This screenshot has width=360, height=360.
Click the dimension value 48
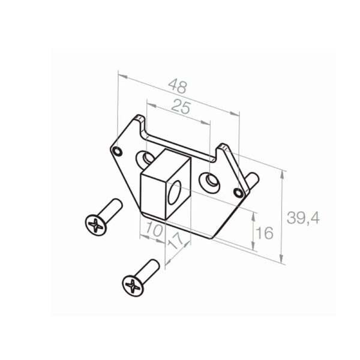(x=178, y=86)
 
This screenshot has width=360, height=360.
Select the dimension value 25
(x=181, y=107)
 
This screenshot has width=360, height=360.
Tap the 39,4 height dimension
(x=303, y=218)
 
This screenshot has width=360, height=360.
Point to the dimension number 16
(x=265, y=233)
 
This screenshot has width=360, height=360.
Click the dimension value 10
(x=154, y=230)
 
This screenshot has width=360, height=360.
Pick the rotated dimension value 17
(x=176, y=241)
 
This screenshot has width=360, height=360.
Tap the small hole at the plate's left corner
(x=118, y=151)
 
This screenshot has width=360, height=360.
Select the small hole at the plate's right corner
(x=238, y=192)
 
